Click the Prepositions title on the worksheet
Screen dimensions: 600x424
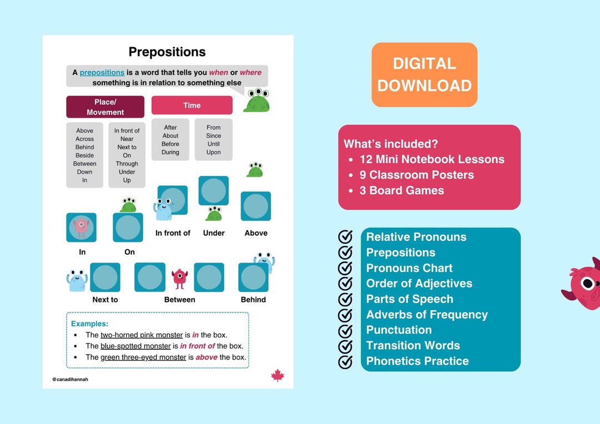click(x=167, y=52)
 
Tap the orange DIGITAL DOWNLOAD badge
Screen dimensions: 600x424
click(x=424, y=74)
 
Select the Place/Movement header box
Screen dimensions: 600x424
click(x=105, y=107)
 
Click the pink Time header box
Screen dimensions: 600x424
click(x=192, y=105)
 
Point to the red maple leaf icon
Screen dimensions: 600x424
click(x=278, y=376)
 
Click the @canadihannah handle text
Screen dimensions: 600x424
click(x=71, y=380)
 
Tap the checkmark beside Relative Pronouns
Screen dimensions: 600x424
click(x=346, y=237)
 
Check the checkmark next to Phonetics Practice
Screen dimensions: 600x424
click(x=346, y=361)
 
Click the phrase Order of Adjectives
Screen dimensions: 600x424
click(x=419, y=284)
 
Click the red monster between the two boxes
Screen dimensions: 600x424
click(x=179, y=277)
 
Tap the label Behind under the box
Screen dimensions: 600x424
click(x=253, y=300)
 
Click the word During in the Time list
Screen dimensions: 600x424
click(x=171, y=152)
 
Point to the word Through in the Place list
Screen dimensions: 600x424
click(x=127, y=164)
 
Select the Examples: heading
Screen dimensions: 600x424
click(x=89, y=324)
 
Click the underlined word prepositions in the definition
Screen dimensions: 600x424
click(x=102, y=72)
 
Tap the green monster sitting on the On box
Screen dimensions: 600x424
click(x=128, y=205)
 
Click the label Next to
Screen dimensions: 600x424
click(x=105, y=300)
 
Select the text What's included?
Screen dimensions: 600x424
click(x=391, y=144)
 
